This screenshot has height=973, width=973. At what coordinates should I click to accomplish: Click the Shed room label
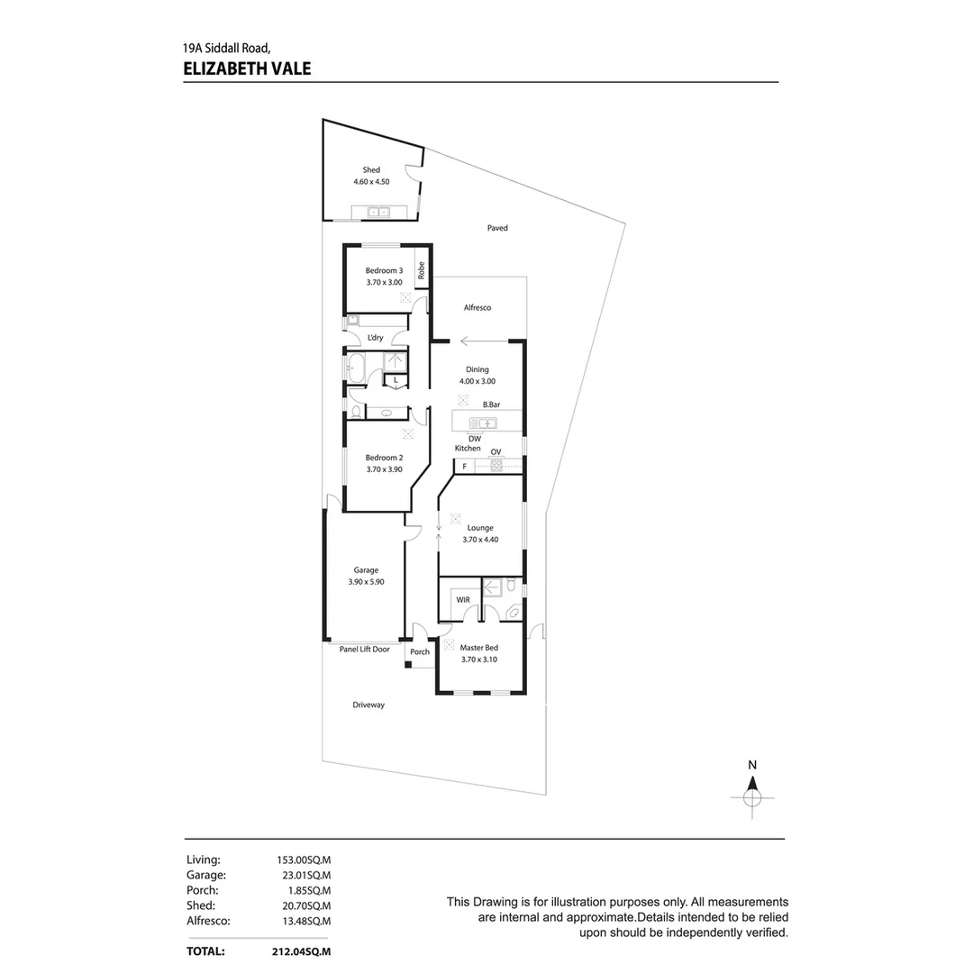click(x=371, y=169)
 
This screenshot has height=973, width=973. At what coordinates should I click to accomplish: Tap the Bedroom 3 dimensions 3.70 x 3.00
click(x=384, y=282)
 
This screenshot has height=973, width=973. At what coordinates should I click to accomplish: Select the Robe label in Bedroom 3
click(x=422, y=270)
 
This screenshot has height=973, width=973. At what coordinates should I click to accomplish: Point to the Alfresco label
click(x=477, y=307)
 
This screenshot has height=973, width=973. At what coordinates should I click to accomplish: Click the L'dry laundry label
click(x=376, y=338)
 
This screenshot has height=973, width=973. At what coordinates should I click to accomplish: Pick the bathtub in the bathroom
click(x=356, y=368)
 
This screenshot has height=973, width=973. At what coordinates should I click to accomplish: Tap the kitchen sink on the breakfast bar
click(x=483, y=423)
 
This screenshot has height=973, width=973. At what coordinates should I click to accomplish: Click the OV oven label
click(x=496, y=451)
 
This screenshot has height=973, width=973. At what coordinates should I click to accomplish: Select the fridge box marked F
click(x=464, y=466)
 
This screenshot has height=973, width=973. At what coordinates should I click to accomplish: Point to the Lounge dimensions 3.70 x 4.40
click(x=480, y=540)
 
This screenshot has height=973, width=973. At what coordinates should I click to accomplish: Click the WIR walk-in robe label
click(x=463, y=600)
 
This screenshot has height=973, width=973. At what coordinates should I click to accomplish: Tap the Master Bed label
click(x=479, y=648)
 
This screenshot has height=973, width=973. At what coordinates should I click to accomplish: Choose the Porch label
click(x=420, y=651)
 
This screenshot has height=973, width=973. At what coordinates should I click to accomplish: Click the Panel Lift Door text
click(x=364, y=649)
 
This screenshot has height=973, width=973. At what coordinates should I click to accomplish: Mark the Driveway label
click(x=368, y=705)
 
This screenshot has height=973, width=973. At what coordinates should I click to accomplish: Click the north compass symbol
click(x=752, y=797)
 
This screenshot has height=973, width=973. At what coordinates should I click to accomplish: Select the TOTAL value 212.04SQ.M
click(x=301, y=951)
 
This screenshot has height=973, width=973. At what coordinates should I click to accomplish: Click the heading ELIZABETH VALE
click(x=247, y=68)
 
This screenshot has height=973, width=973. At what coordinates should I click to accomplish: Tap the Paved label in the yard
click(x=497, y=228)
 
